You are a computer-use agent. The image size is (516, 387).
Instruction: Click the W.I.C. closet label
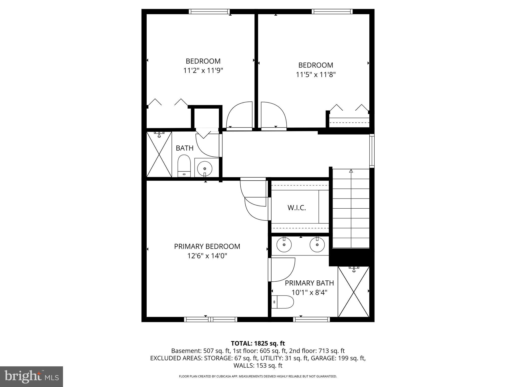[x=297, y=208]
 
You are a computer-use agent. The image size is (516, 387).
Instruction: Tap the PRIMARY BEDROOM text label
[x=207, y=246]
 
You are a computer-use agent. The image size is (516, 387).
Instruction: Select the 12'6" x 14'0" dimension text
[x=207, y=256]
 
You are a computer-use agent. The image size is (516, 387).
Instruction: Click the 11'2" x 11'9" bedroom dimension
[x=203, y=71]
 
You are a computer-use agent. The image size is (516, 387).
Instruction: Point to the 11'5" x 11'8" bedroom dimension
[x=316, y=75]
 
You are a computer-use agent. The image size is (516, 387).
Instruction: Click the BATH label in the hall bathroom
[x=184, y=148]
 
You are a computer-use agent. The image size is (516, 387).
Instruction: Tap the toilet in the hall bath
[x=184, y=166]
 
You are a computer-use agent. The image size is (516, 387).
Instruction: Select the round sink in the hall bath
[x=205, y=168]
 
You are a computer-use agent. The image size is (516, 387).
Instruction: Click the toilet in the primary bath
[x=283, y=302]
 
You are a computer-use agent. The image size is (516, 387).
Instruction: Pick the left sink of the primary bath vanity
[x=284, y=245]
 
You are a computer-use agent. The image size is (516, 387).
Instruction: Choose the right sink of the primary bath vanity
[x=317, y=245]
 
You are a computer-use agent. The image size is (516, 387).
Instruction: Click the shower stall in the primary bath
[x=353, y=292]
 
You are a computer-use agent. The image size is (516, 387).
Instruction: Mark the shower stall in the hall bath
[x=159, y=154]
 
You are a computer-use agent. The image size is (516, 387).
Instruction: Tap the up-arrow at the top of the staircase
[x=351, y=171]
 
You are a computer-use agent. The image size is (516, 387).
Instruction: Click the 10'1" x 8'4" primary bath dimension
[x=309, y=293]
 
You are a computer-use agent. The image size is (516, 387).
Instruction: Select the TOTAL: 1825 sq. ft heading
[x=258, y=343]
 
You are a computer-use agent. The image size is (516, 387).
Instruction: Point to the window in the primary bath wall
[x=311, y=319]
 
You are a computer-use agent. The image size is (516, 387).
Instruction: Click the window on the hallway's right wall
[x=372, y=151]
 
